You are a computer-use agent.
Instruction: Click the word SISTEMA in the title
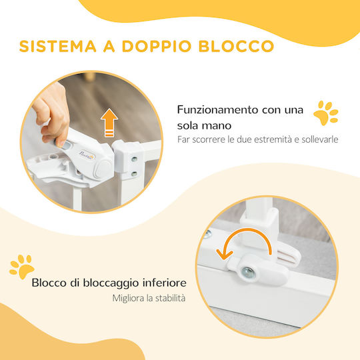[57, 46]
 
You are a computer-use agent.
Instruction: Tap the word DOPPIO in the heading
[157, 46]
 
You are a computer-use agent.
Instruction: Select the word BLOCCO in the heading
[236, 46]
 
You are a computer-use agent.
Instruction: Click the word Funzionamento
[218, 110]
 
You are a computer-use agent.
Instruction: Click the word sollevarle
[320, 139]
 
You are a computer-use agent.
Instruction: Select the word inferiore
[165, 283]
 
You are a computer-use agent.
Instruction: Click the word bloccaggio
[111, 283]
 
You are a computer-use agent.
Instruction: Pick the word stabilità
[170, 298]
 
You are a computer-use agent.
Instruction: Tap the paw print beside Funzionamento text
[326, 113]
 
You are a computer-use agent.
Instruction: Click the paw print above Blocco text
[22, 267]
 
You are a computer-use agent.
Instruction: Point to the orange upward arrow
[109, 123]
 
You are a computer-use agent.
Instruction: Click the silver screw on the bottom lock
[248, 272]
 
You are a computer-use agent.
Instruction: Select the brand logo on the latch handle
[87, 155]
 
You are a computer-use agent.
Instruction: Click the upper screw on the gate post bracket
[134, 159]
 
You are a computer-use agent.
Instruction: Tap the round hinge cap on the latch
[103, 168]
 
